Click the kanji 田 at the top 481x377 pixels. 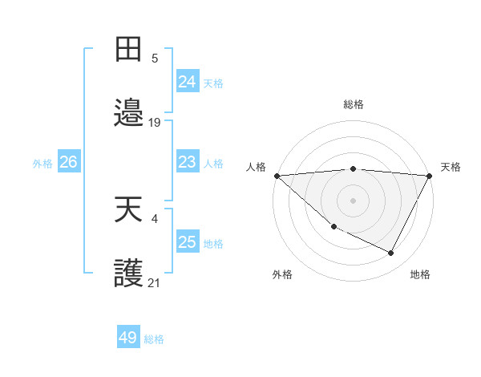click(129, 49)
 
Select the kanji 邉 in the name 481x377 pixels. click(129, 114)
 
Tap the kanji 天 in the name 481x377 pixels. click(129, 210)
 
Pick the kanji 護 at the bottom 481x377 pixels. click(129, 274)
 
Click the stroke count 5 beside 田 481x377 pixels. click(155, 58)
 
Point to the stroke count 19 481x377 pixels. click(155, 123)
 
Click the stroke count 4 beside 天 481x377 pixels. click(155, 218)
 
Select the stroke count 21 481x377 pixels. click(155, 282)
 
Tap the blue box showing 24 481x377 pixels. click(188, 82)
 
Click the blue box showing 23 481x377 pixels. click(188, 162)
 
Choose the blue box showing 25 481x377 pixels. click(188, 242)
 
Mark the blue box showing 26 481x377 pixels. click(69, 162)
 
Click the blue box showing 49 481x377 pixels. click(128, 338)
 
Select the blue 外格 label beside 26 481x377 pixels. click(42, 163)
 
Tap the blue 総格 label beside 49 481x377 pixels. click(154, 339)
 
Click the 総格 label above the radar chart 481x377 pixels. click(354, 104)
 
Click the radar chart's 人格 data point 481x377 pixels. click(277, 176)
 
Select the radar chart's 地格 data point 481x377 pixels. click(391, 253)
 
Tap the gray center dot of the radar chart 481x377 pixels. click(354, 200)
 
